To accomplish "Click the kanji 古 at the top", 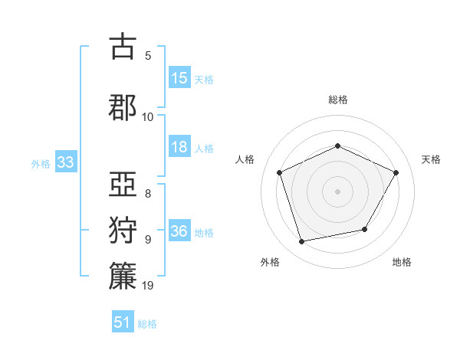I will coord(123,47).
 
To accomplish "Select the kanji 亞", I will coord(123,185).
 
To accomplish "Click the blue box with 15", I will coord(179,78).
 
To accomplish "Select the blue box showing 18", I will coord(179,147).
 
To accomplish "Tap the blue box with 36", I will coord(179,231).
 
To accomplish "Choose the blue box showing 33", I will coord(65,162).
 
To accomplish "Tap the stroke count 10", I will coord(148,116).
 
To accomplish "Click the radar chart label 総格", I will coord(337,100).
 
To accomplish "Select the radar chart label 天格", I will coord(431,159).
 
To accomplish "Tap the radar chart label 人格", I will coord(245,159).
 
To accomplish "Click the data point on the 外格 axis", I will coord(302,242).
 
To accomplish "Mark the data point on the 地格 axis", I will coord(365,229).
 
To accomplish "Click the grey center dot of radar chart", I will coord(337,191).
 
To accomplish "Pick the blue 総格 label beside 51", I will coord(147,324).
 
